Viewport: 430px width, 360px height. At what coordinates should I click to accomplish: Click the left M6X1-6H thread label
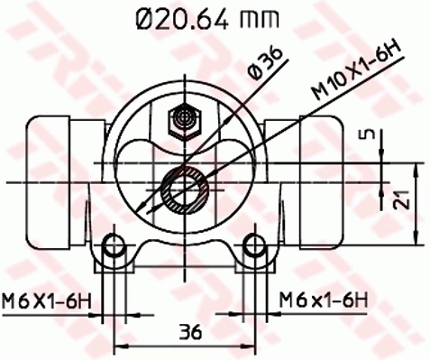tap(50, 299)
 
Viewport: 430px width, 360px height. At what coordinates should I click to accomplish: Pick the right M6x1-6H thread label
tap(323, 299)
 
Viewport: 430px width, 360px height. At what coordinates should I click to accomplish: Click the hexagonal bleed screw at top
tap(186, 119)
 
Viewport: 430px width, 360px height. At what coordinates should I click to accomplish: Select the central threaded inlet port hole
tap(185, 189)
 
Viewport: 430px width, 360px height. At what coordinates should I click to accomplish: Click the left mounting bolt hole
tap(113, 245)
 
